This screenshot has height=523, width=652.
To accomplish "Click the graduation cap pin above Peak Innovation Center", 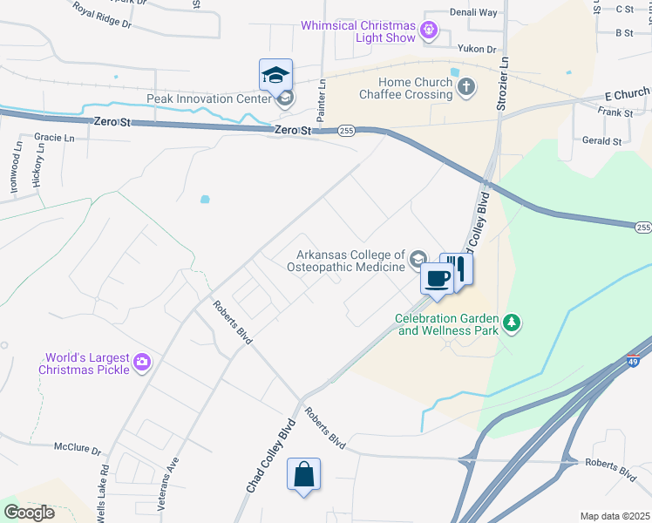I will (275, 75).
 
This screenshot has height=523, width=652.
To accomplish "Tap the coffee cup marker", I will (437, 278).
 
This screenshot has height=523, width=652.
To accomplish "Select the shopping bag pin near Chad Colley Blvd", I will (303, 475).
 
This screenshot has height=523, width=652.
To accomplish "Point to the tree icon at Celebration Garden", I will (513, 324).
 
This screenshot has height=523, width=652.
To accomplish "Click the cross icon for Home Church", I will (467, 86).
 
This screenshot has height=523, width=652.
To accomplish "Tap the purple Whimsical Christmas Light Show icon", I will (427, 31).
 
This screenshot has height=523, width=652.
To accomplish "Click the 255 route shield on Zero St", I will (346, 131).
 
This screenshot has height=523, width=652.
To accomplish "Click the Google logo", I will (29, 513).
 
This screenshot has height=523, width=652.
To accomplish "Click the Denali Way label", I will (472, 13).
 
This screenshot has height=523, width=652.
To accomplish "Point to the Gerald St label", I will (602, 140).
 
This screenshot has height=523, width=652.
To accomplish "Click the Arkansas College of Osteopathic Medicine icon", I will (418, 258).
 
